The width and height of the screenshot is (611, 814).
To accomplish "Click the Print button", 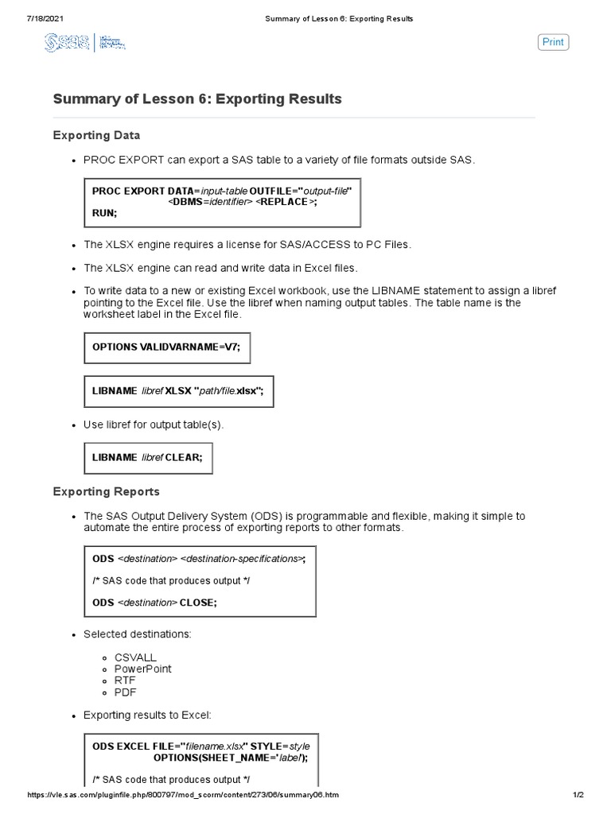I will pyautogui.click(x=553, y=42).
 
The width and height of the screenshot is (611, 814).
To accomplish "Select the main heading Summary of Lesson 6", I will pyautogui.click(x=197, y=99).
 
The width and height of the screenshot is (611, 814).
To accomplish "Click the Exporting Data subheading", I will pyautogui.click(x=96, y=135).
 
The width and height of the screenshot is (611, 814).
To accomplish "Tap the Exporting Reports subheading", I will pyautogui.click(x=106, y=491).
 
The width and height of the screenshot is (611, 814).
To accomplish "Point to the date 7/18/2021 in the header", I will pyautogui.click(x=23, y=18).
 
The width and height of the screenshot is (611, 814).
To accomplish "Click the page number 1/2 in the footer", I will pyautogui.click(x=578, y=795).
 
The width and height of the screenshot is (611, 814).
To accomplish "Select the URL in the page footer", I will pyautogui.click(x=183, y=795).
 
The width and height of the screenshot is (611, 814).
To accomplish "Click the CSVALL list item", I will pyautogui.click(x=135, y=657).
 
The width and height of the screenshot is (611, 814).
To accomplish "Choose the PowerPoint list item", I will pyautogui.click(x=142, y=669).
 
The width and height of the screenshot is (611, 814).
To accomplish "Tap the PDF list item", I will pyautogui.click(x=125, y=692).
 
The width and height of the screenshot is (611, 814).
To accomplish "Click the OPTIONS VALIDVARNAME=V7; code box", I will pyautogui.click(x=167, y=347).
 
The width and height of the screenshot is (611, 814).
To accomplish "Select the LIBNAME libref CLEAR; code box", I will pyautogui.click(x=148, y=458).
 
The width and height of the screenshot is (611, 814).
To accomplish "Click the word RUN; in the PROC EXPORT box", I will pyautogui.click(x=104, y=213).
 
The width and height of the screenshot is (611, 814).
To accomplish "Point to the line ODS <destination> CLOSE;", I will pyautogui.click(x=154, y=603).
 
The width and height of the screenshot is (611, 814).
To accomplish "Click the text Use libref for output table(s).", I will pyautogui.click(x=154, y=424).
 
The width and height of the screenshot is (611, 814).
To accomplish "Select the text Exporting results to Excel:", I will pyautogui.click(x=147, y=715).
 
